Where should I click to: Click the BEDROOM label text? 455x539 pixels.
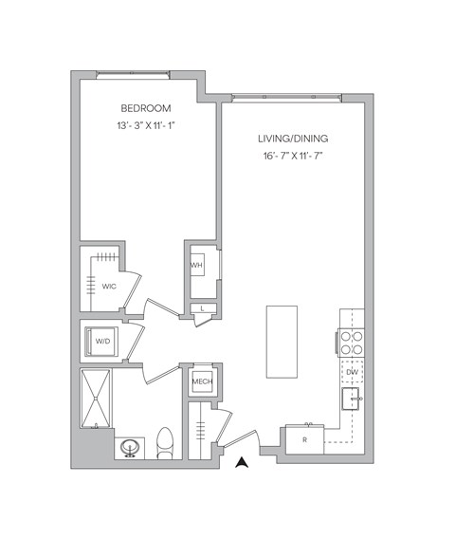tap(145, 108)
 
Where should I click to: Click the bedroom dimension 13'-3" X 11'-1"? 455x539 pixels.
tap(145, 125)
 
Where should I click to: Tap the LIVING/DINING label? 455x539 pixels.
tap(292, 139)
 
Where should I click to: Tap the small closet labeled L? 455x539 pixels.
tap(205, 308)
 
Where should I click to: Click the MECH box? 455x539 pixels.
tap(202, 381)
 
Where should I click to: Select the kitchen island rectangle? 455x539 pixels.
tap(281, 340)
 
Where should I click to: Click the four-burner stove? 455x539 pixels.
tap(352, 342)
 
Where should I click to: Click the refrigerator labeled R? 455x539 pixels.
tap(303, 439)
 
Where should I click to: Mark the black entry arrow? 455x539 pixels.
tap(242, 462)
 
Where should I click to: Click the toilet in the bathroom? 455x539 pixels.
tap(165, 442)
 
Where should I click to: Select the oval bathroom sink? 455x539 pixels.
tap(130, 446)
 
